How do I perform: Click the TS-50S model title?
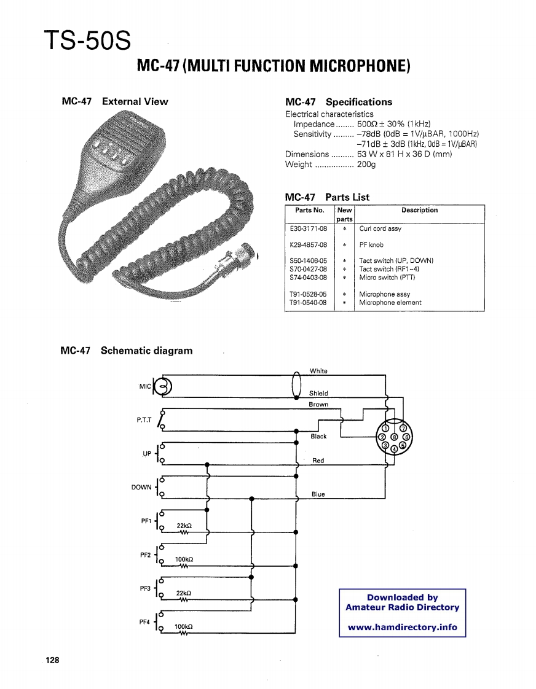(x=87, y=41)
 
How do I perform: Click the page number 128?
(x=52, y=660)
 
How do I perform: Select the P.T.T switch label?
(x=144, y=420)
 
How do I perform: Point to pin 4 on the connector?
(x=394, y=449)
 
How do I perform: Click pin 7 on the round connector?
(x=403, y=428)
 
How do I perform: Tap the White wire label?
(x=318, y=371)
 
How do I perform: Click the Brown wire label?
(x=318, y=405)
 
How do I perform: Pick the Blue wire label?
(x=318, y=494)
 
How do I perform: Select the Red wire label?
(x=318, y=461)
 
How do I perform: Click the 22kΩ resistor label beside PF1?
(x=184, y=526)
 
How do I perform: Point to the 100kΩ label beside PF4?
(x=184, y=627)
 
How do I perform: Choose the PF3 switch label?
(x=146, y=588)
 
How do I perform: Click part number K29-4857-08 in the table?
(x=308, y=244)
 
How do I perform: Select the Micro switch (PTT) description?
(x=387, y=277)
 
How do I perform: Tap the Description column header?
(x=419, y=210)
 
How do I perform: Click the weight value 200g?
(x=366, y=164)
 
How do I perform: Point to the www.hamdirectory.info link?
(x=403, y=627)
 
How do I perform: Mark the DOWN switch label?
(x=141, y=488)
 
